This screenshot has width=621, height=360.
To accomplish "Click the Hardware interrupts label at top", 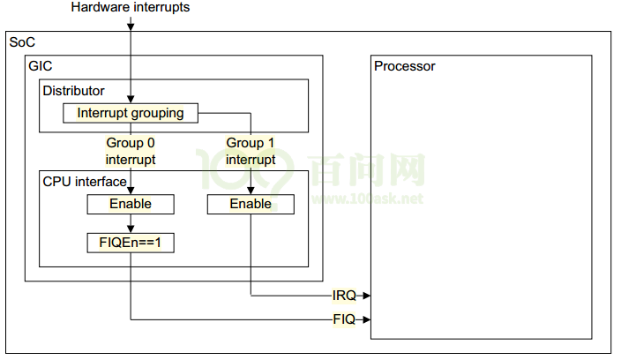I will tap(130, 8).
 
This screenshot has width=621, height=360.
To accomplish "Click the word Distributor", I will tap(73, 90).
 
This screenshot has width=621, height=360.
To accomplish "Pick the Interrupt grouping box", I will tap(131, 113).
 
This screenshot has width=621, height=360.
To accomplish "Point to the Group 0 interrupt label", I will tap(131, 151).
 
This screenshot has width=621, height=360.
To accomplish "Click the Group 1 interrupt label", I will tap(251, 151).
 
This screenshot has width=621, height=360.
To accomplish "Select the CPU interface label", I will tap(85, 182).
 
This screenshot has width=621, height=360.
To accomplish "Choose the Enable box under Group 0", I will tap(131, 204).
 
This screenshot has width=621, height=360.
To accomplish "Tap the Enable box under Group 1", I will tap(251, 204).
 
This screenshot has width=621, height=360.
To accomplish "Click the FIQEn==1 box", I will tap(131, 242).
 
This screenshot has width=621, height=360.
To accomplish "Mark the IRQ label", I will tap(344, 296).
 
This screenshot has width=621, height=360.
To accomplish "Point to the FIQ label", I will tap(344, 319).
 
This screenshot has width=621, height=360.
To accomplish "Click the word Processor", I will tap(405, 66).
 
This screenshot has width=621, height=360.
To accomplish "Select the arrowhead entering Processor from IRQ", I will tap(365, 296).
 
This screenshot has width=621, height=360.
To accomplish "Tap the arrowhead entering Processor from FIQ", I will tap(365, 319).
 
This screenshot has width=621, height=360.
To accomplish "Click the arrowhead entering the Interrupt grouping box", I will tap(131, 101).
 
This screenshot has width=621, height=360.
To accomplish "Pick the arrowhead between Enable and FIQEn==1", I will tap(131, 229).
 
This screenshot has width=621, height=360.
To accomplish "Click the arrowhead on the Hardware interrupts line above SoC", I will tap(131, 27).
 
